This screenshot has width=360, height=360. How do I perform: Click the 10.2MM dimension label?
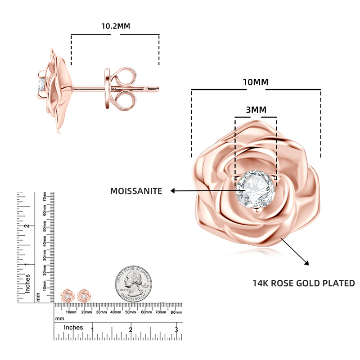(x=115, y=26)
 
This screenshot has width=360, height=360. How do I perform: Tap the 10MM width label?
(x=256, y=82)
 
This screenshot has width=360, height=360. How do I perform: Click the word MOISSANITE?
(x=136, y=191)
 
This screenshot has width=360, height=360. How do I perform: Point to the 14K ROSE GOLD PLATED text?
(x=303, y=283)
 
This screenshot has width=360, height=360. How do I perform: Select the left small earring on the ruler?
(x=67, y=296)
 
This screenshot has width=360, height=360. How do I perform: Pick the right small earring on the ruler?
(x=83, y=296)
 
